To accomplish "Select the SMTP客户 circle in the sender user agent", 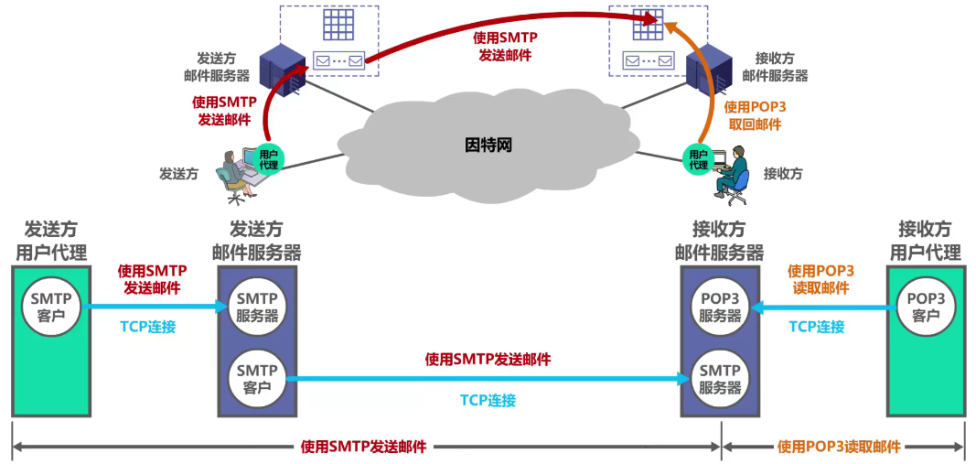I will point(50,307).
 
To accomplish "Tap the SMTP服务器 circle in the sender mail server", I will point(257,307).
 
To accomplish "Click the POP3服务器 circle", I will point(720,307).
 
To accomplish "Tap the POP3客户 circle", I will point(926,307).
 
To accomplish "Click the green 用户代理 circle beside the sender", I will point(268,158).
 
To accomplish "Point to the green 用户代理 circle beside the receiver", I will point(698,159).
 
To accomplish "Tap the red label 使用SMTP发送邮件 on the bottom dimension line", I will point(363,448).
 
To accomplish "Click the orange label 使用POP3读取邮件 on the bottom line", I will point(839,448).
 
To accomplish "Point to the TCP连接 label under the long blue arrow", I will point(488,400).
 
